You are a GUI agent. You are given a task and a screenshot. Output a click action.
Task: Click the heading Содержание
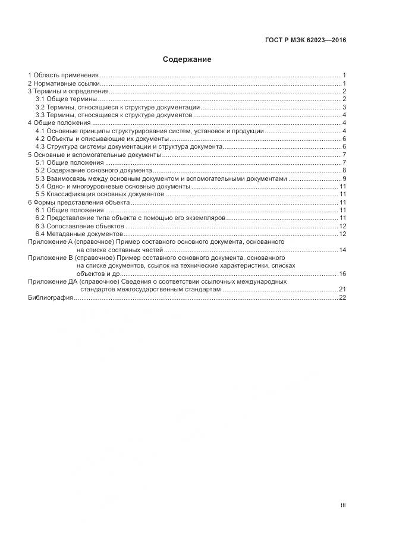click(x=187, y=59)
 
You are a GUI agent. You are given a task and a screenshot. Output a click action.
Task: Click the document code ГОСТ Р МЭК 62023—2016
click(x=306, y=40)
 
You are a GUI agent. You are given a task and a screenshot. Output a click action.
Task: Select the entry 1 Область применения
click(x=63, y=76)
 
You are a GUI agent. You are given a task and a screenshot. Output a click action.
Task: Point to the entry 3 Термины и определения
click(x=68, y=92)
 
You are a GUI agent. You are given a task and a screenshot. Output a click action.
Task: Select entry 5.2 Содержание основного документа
click(x=93, y=170)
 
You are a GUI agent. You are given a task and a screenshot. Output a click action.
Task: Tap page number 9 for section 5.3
click(x=344, y=178)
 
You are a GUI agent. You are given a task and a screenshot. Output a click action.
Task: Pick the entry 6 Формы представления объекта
click(x=78, y=202)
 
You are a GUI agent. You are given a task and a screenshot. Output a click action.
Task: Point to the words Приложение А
click(x=49, y=242)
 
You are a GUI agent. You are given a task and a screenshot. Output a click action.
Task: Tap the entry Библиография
click(x=50, y=297)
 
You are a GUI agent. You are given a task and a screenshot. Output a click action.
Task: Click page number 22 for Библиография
click(x=342, y=297)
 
